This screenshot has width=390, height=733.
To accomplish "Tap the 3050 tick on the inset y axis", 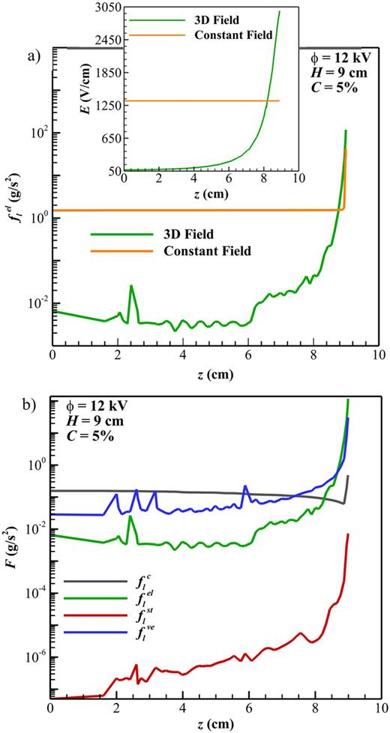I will click(106, 7).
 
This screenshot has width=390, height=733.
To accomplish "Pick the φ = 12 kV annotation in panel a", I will click(335, 58).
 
